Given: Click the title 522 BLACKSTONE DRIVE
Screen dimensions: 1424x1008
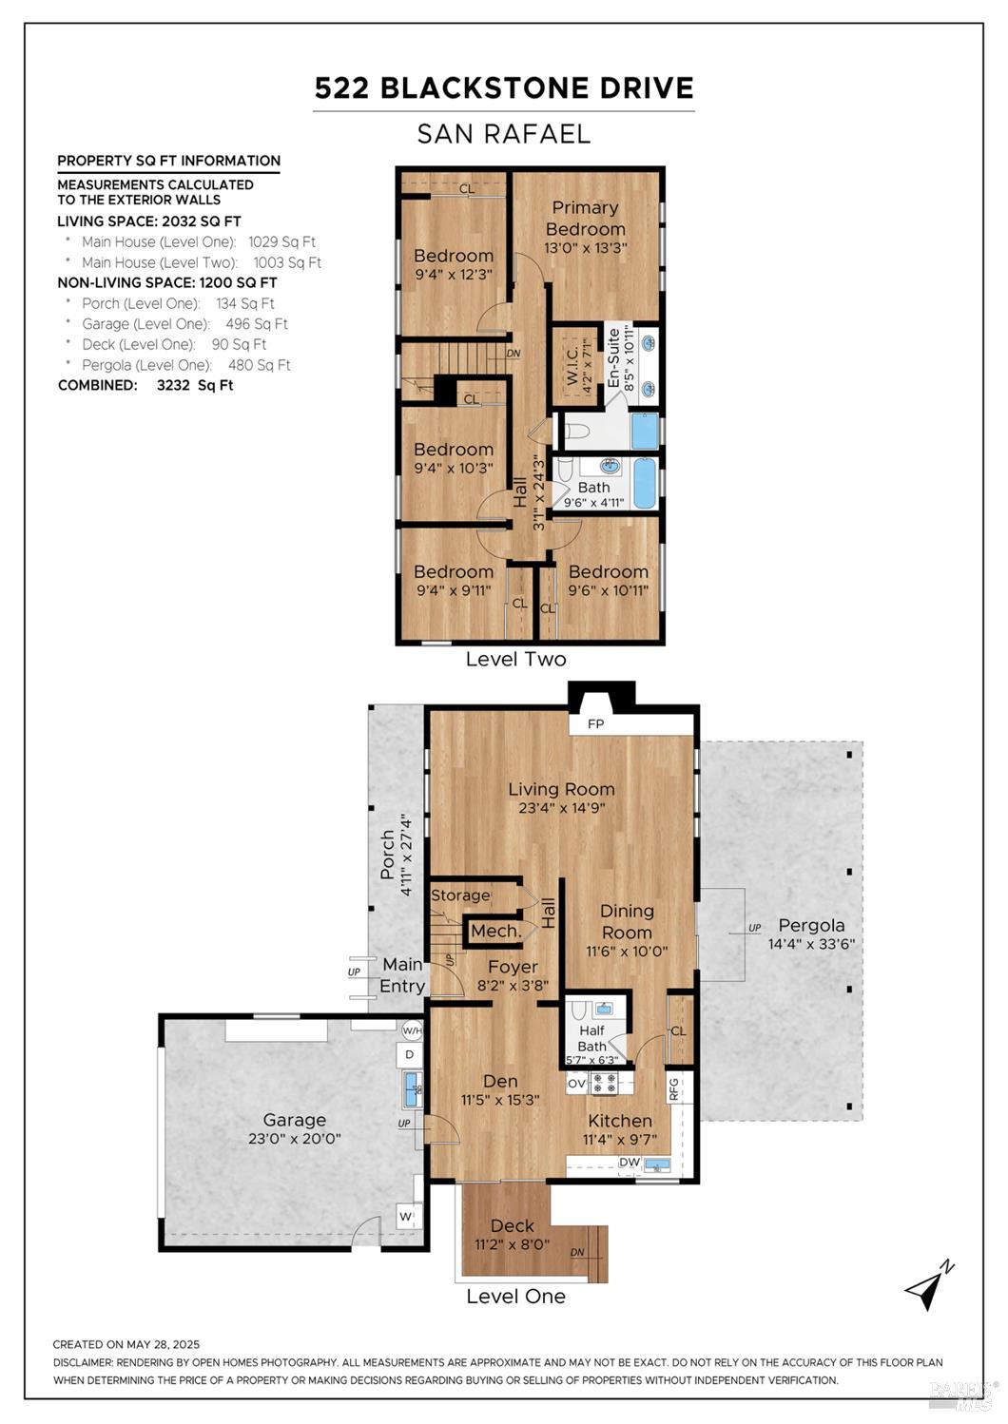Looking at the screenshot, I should click(x=504, y=88).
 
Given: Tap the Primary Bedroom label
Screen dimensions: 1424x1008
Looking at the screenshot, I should click(x=585, y=218).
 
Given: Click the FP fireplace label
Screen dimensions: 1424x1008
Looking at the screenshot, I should click(x=596, y=724).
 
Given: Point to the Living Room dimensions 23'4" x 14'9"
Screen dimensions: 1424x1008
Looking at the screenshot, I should click(x=561, y=809).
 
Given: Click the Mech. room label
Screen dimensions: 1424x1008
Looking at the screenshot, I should click(x=494, y=931).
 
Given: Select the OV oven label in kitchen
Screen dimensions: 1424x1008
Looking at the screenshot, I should click(x=576, y=1083).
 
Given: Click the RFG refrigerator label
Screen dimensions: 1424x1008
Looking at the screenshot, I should click(x=674, y=1087).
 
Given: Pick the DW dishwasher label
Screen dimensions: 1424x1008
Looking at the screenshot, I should click(x=630, y=1162).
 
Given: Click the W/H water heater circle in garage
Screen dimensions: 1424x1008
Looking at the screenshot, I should click(x=411, y=1030).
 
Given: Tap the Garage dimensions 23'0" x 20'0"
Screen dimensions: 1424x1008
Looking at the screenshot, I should click(x=295, y=1138).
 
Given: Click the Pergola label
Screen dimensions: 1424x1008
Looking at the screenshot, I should click(x=811, y=925).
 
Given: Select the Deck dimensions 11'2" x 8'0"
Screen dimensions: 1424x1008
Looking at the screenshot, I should click(x=512, y=1244).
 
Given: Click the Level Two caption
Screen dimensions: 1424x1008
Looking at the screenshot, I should click(x=515, y=659).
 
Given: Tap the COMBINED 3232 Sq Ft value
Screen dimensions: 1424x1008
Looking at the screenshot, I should click(x=195, y=385).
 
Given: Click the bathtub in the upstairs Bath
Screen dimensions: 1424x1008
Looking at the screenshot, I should click(x=644, y=483).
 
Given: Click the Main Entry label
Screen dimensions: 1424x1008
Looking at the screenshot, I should click(x=402, y=975).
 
